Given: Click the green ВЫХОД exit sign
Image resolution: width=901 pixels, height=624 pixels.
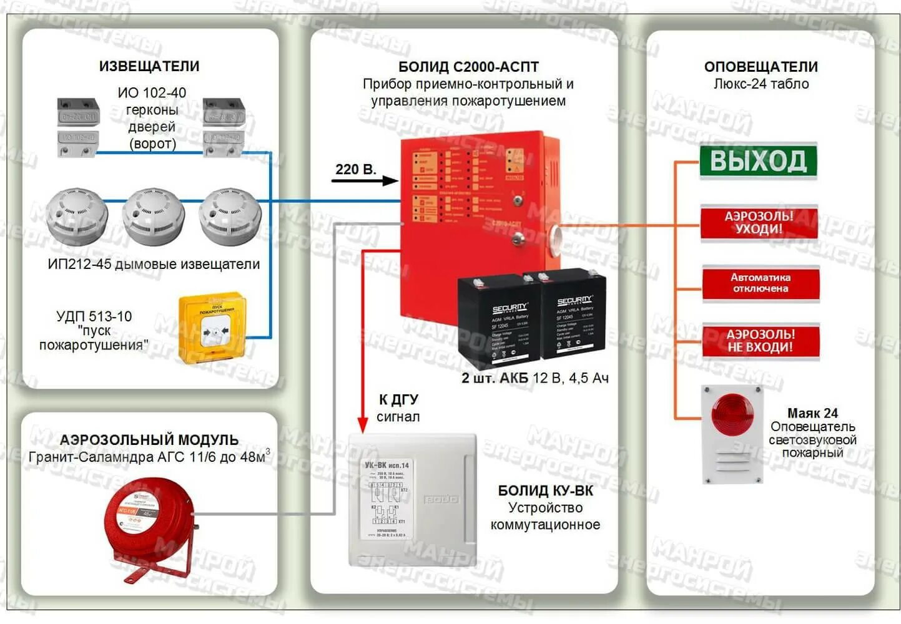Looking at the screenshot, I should pos(758,161).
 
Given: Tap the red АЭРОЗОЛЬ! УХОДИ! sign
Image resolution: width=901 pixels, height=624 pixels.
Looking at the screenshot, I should pos(759,223).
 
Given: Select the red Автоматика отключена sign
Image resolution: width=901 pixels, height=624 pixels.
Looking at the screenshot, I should pos(760,283).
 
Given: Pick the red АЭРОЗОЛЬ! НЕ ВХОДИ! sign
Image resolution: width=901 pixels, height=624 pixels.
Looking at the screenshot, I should pos(760,341).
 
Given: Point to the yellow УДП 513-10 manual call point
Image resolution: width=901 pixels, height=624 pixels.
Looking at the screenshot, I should pos(212,328).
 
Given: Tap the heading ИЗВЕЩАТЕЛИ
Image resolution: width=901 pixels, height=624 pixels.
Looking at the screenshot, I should pos(149,66).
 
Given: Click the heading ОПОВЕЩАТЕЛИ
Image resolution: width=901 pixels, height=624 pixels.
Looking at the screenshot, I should pos(761,67).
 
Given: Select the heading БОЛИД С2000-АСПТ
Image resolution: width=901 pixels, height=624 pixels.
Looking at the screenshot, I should pos(468,67).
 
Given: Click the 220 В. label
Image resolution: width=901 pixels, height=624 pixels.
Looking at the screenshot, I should pos(355,169).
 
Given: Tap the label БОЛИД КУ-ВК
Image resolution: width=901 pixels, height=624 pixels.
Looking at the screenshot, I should pos(545,490).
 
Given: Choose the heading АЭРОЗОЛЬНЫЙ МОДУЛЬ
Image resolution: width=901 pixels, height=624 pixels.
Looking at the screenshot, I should pos(149,440).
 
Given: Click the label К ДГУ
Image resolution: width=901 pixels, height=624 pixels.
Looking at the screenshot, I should pos(398,399).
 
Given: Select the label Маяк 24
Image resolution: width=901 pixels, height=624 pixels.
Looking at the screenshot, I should pos(812,413).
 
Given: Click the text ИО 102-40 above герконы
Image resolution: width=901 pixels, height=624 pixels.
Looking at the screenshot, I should pos(152,93).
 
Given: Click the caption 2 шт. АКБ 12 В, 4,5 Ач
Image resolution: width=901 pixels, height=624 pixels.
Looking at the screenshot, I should pos(534,378).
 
